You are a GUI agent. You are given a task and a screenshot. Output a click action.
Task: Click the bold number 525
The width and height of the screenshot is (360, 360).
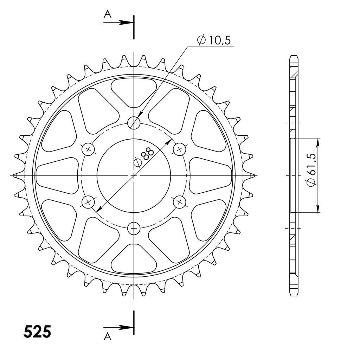coord(37,332)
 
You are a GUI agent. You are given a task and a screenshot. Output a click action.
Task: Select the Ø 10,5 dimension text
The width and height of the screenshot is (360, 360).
coord(214,40)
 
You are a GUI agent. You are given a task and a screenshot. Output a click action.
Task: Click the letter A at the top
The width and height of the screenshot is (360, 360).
coord(108,14)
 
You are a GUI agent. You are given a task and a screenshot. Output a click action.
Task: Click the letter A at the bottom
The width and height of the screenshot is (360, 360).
coord(108,337)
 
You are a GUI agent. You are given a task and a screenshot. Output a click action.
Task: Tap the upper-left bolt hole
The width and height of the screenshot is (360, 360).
coord(88,149)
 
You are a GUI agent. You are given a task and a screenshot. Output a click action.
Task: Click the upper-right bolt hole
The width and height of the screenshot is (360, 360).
coord(180,149)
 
